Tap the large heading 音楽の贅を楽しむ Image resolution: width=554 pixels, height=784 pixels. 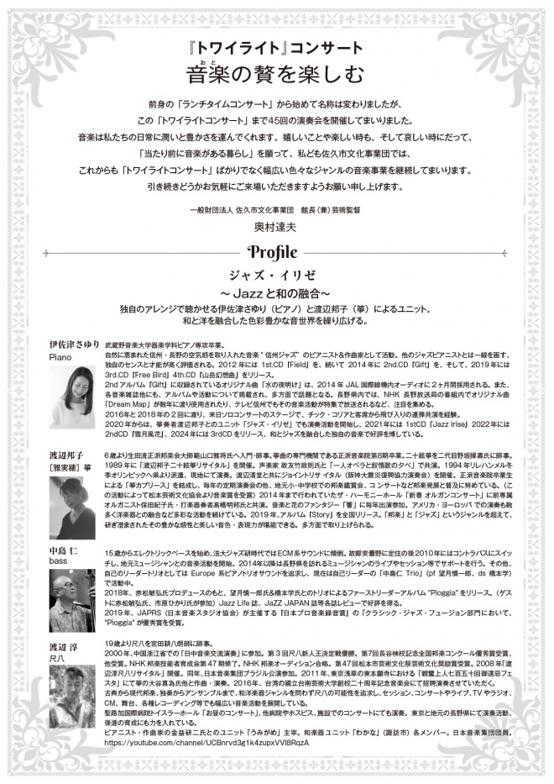tap(276, 75)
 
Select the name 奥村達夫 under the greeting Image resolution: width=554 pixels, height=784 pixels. tap(276, 226)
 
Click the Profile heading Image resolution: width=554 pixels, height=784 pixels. tap(276, 252)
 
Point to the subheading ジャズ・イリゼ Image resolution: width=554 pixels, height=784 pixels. tap(276, 275)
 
